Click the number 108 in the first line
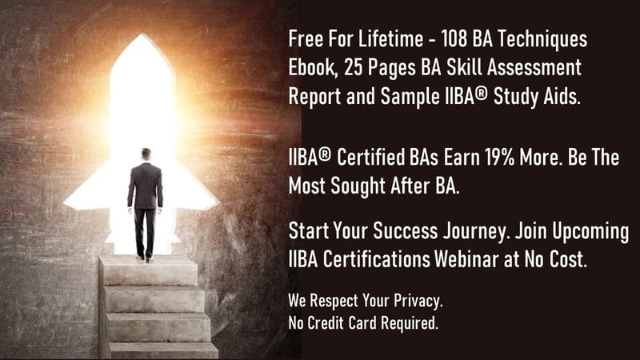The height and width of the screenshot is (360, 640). (x=454, y=39)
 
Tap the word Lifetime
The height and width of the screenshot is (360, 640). (x=390, y=39)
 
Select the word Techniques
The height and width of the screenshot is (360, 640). (x=542, y=40)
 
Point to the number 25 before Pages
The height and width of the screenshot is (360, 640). (x=354, y=68)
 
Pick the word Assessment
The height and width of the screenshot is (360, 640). (x=534, y=68)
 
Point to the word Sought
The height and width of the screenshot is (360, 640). (x=357, y=186)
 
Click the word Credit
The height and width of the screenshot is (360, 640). (x=326, y=323)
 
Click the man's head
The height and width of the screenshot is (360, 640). (x=146, y=154)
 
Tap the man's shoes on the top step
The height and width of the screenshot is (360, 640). (x=145, y=258)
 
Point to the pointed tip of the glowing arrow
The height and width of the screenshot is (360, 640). (x=142, y=34)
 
